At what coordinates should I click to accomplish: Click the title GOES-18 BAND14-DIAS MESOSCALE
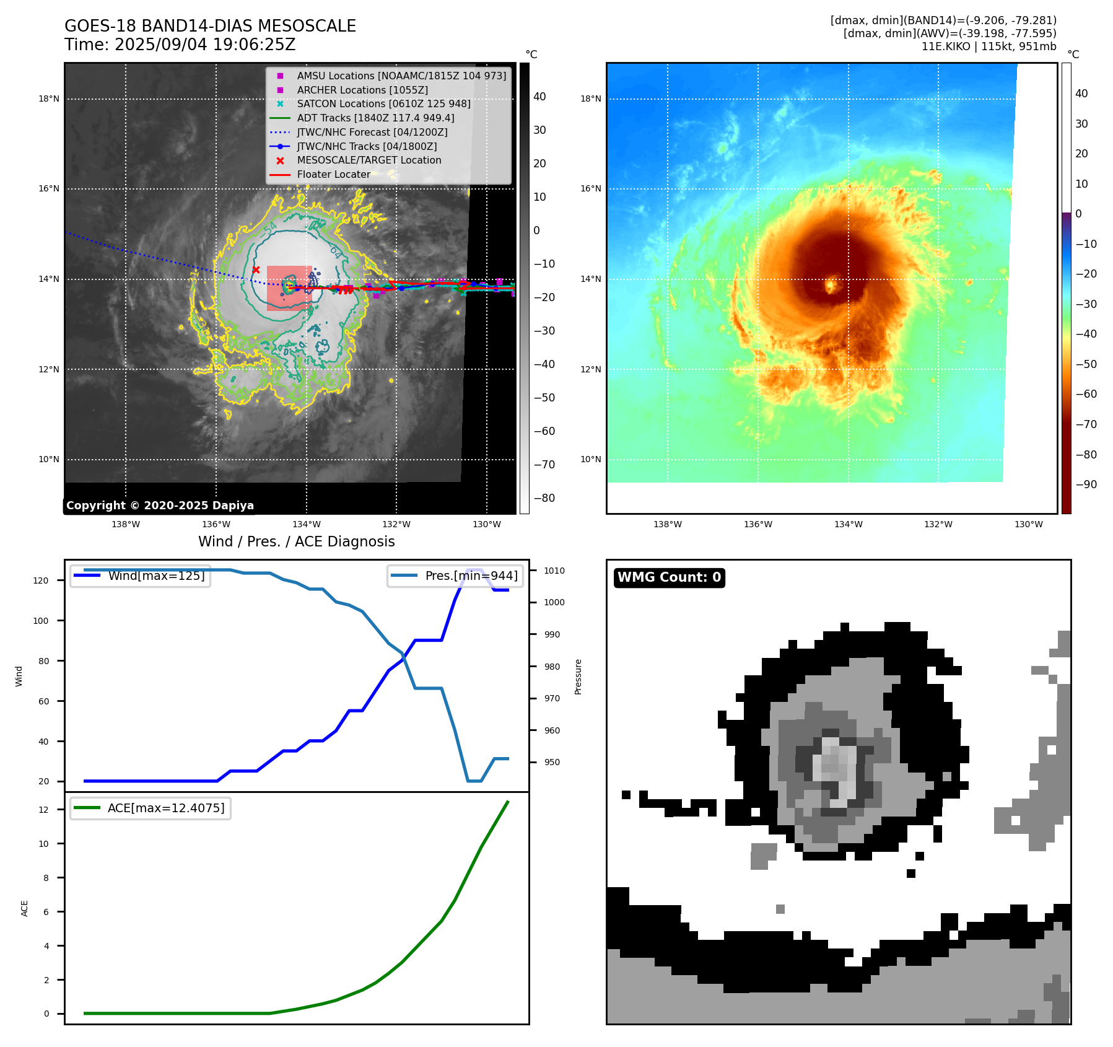tap(210, 26)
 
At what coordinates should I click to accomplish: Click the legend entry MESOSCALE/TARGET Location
tap(369, 160)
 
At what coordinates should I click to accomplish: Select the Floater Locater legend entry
tap(333, 175)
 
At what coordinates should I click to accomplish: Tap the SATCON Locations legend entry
tap(383, 104)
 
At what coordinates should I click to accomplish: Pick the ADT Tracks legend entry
tap(375, 118)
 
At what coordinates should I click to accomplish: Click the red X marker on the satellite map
tap(256, 270)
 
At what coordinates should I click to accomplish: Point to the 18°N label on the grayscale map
tap(49, 99)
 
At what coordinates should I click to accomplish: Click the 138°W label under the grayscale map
tap(126, 525)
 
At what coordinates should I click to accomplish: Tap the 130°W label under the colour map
tap(1028, 525)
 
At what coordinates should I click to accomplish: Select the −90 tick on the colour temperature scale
tap(1086, 485)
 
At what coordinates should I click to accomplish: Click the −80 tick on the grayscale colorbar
tap(544, 498)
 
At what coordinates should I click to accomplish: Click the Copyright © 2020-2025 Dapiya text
tap(160, 506)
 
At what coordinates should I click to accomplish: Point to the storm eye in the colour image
tap(831, 286)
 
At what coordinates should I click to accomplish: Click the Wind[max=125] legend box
tap(141, 576)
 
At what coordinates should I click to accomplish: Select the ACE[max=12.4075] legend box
tap(151, 808)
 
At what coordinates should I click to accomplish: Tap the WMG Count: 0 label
tap(669, 577)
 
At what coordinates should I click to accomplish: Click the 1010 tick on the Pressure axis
tap(554, 571)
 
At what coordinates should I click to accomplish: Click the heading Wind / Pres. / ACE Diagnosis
tap(296, 542)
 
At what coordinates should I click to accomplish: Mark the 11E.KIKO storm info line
tap(989, 46)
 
